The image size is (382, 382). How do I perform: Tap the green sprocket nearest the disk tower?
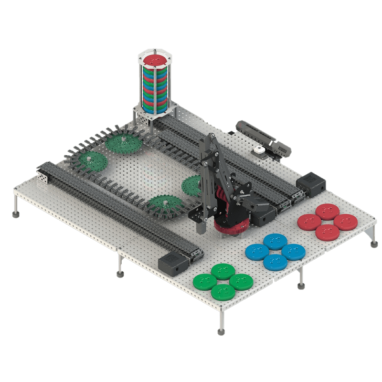122,142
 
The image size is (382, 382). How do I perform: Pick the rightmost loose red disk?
345,222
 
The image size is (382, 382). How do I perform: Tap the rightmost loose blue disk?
293,252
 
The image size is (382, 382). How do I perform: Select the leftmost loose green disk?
204,281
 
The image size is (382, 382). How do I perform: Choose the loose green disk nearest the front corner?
223,291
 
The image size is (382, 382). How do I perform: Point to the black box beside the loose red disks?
310,184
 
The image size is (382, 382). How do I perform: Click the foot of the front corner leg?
221,331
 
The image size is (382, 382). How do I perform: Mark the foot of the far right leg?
374,244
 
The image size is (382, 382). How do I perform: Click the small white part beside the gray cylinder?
259,151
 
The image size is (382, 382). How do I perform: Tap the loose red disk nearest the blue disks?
309,222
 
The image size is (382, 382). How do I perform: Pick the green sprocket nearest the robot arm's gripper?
165,204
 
